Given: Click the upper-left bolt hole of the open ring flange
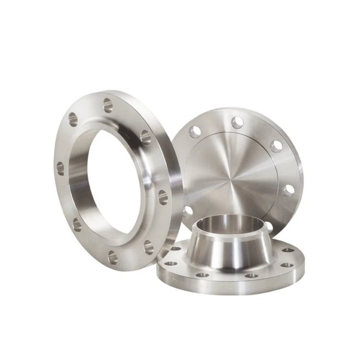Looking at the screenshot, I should pos(73,119).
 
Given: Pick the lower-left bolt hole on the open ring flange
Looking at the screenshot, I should pos(76,224).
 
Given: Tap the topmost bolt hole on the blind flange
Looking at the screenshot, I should pos(237,122).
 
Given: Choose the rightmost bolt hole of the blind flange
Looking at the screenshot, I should pos(289,191).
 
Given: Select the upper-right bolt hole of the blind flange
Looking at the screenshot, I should pos(276,146).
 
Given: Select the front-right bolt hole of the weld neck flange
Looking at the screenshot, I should pos(252,275).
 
